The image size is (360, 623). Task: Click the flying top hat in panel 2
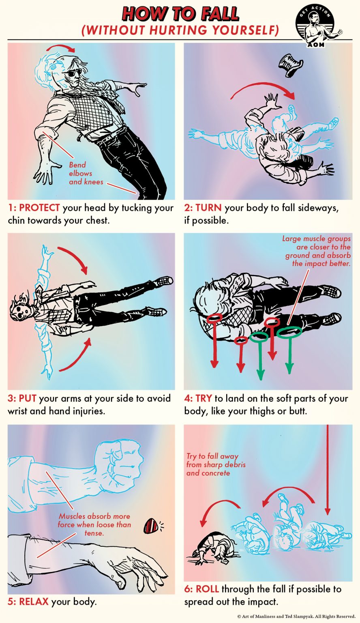click(290, 65)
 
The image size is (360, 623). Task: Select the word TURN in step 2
click(208, 208)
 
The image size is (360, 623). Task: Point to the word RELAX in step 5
click(34, 602)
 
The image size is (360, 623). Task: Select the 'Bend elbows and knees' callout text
click(80, 173)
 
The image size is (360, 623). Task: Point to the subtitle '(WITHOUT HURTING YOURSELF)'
click(180, 31)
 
